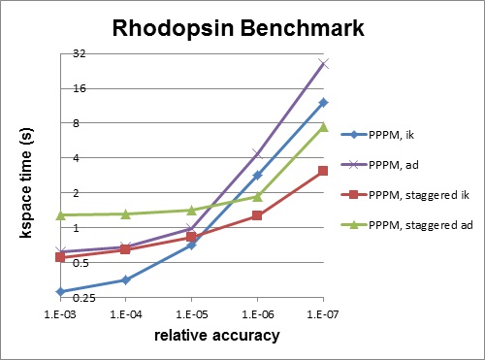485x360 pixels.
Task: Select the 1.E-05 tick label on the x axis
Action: (191, 314)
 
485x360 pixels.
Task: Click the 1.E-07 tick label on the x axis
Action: (322, 314)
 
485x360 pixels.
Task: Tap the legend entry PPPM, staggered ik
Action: (414, 195)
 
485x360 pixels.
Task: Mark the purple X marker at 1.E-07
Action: (323, 64)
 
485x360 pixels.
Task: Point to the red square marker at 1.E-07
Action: (323, 171)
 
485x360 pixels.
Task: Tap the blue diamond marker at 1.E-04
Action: (126, 279)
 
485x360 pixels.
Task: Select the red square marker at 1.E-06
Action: (257, 215)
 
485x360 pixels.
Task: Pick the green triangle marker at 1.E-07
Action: (323, 127)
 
